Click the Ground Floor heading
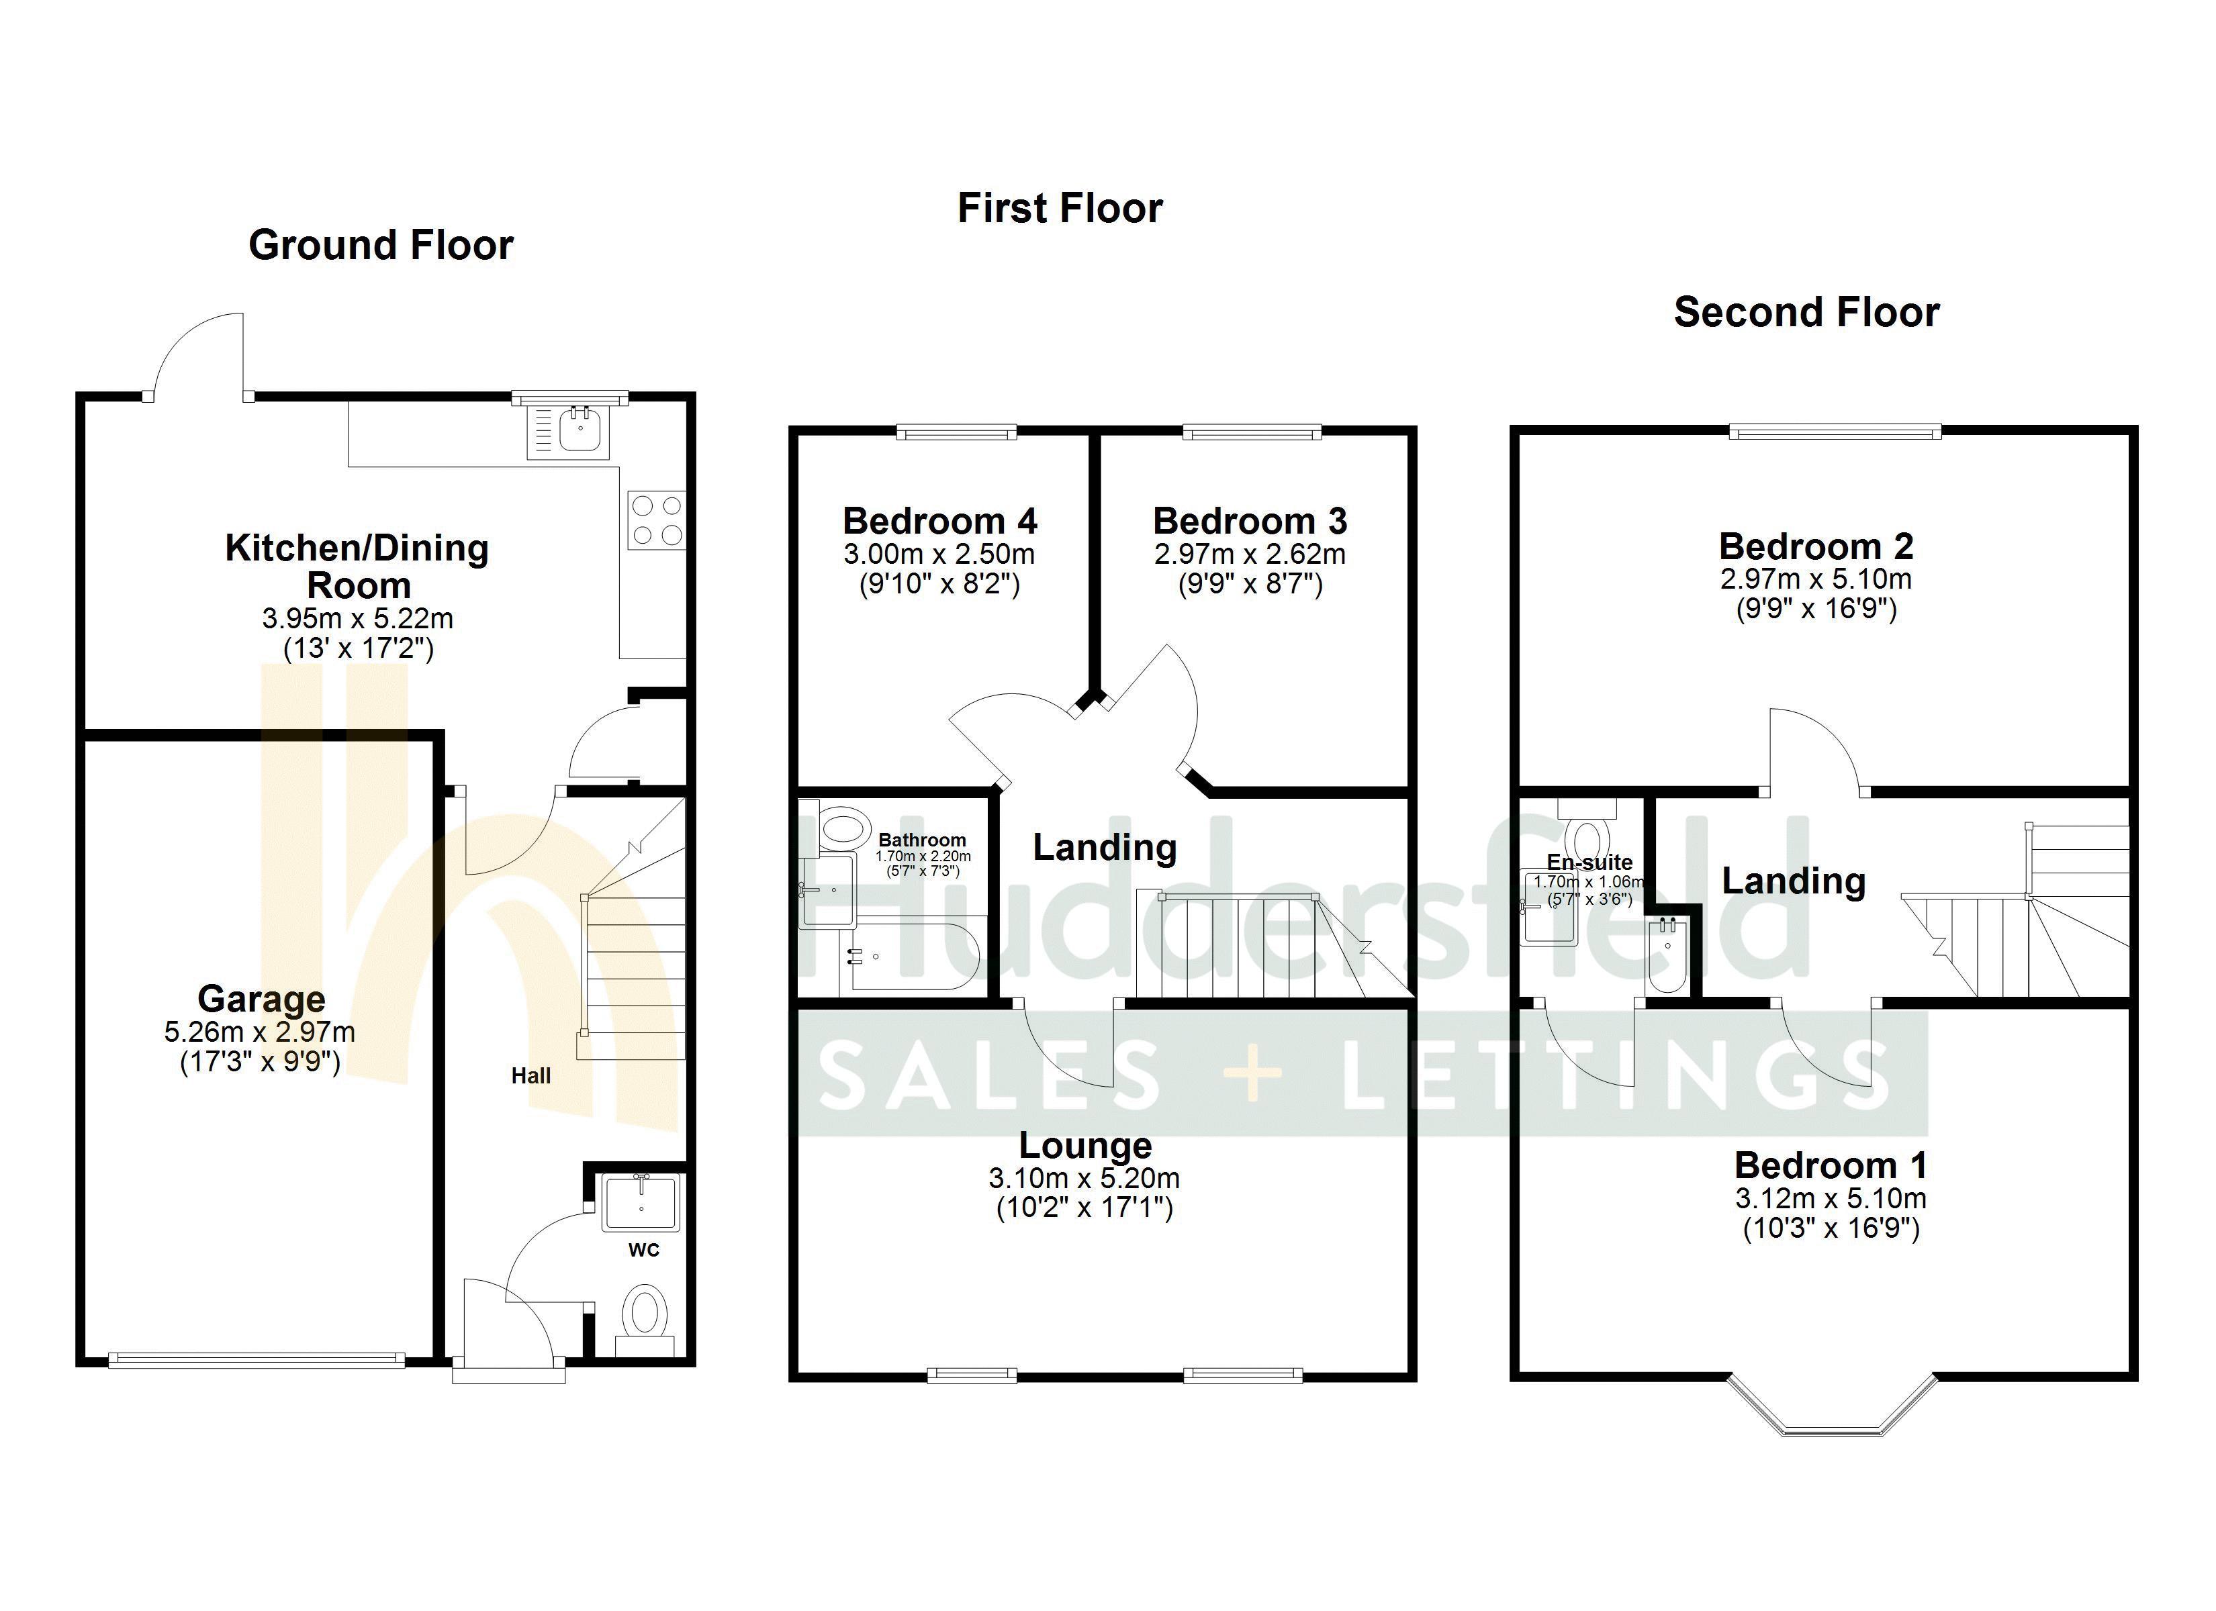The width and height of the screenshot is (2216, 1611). [380, 244]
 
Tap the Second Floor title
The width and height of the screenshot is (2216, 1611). [1806, 313]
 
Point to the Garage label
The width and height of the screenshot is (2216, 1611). [261, 998]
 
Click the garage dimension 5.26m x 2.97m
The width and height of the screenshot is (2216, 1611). [260, 1032]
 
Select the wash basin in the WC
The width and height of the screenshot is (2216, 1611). [640, 1203]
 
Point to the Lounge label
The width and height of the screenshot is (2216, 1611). [1084, 1145]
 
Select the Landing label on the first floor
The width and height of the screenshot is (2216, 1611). [1104, 847]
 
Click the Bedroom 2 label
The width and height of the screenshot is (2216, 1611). [1815, 545]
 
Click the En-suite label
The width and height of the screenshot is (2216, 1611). [1589, 862]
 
